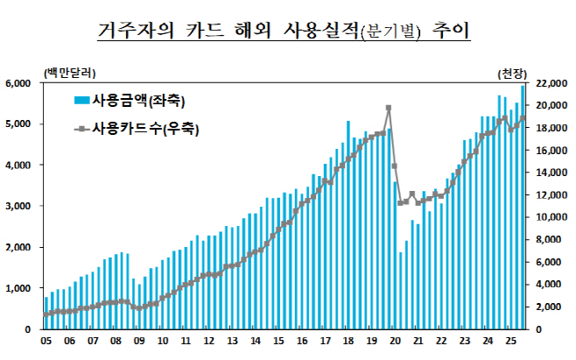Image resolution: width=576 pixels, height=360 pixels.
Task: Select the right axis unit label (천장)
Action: pos(513,71)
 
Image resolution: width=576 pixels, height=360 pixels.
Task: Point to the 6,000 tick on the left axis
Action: pos(19,83)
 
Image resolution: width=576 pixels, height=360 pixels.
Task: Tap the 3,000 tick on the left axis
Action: pos(19,207)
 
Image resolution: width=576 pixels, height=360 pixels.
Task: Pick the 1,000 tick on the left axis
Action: pos(19,288)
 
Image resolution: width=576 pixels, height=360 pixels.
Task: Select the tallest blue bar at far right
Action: pos(523,207)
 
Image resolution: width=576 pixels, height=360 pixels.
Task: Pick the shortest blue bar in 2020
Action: pos(401,291)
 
